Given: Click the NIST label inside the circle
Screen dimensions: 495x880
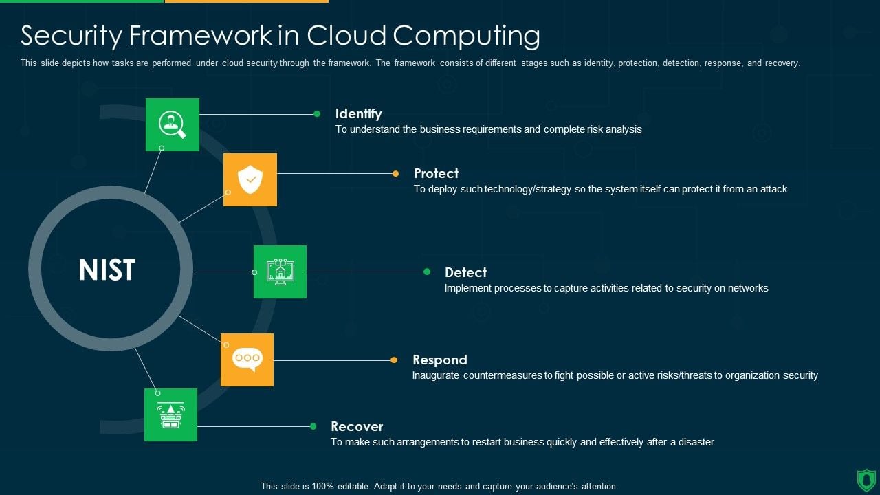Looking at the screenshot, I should click(x=107, y=269).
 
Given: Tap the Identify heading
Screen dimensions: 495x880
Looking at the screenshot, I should click(x=358, y=113).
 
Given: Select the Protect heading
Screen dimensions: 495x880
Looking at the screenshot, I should click(x=436, y=173).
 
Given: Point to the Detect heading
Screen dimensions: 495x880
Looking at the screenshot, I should click(x=465, y=272).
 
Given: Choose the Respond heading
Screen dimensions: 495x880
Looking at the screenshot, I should click(x=439, y=360).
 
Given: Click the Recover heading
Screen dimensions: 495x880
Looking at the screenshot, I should click(x=357, y=426).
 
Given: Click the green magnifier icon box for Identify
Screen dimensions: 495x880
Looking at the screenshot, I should click(x=173, y=124).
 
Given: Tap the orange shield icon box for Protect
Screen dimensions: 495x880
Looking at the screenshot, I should click(x=250, y=179).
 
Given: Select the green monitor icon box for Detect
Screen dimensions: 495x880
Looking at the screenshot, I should click(x=280, y=272).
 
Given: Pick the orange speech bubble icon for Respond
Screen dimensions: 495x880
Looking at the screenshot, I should click(x=247, y=360).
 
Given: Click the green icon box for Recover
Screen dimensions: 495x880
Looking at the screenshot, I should click(x=170, y=415).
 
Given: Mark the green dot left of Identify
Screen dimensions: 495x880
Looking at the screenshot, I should click(x=317, y=114).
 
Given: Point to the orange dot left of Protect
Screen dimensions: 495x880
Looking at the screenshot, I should click(x=395, y=174).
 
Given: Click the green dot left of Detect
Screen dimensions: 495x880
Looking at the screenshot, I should click(x=427, y=272).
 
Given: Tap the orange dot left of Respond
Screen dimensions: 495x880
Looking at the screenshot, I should click(x=394, y=360).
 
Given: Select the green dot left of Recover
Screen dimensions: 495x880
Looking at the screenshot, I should click(x=313, y=426).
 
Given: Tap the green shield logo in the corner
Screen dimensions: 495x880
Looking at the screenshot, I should click(x=866, y=479).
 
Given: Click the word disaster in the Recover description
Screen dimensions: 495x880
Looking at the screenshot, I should click(x=695, y=442).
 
